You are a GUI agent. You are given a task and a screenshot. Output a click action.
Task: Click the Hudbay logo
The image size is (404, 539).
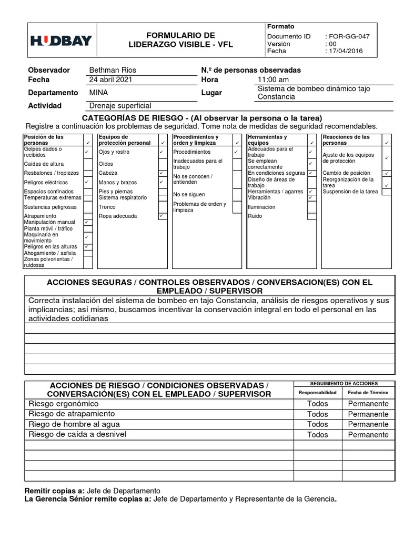(61, 41)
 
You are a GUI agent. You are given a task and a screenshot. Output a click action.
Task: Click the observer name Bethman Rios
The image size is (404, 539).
(113, 70)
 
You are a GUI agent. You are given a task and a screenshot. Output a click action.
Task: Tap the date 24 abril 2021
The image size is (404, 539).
(110, 80)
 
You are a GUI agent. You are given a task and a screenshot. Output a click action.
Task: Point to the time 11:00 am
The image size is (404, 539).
(273, 80)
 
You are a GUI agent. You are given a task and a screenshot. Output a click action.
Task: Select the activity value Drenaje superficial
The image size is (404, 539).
(120, 105)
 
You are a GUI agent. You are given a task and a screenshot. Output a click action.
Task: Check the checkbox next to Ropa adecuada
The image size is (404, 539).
(161, 216)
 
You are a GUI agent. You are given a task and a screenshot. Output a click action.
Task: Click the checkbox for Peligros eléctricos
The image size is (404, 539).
(88, 182)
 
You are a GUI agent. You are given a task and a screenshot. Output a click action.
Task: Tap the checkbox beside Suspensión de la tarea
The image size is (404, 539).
(387, 192)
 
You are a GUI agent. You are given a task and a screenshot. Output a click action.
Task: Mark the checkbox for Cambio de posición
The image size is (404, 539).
(387, 173)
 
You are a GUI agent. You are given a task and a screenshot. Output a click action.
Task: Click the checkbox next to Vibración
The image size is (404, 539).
(312, 198)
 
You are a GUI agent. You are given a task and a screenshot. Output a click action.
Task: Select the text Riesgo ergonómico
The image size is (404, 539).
(64, 404)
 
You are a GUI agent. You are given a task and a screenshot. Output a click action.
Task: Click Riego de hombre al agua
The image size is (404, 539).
(74, 424)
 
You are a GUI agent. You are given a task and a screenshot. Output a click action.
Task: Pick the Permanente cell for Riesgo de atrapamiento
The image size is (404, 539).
(368, 414)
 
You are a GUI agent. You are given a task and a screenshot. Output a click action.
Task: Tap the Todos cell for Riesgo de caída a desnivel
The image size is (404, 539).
(317, 435)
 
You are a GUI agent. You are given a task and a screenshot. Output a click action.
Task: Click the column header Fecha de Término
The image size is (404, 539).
(368, 393)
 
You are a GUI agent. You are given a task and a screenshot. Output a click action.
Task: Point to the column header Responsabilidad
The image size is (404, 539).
(317, 393)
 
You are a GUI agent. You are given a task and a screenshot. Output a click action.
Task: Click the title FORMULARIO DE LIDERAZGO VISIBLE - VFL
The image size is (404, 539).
(180, 40)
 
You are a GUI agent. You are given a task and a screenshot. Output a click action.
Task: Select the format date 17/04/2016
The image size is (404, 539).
(346, 52)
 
